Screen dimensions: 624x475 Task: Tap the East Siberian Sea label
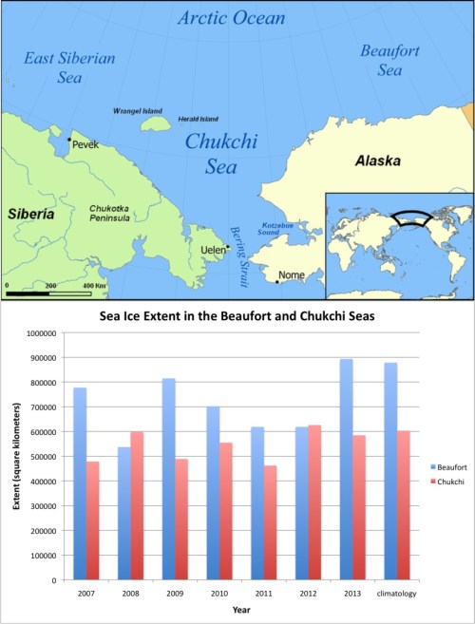[x=69, y=67]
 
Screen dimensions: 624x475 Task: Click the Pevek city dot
[x=68, y=140]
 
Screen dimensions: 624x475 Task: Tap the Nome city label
[x=291, y=275]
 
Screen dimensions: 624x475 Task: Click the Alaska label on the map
[x=378, y=162]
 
